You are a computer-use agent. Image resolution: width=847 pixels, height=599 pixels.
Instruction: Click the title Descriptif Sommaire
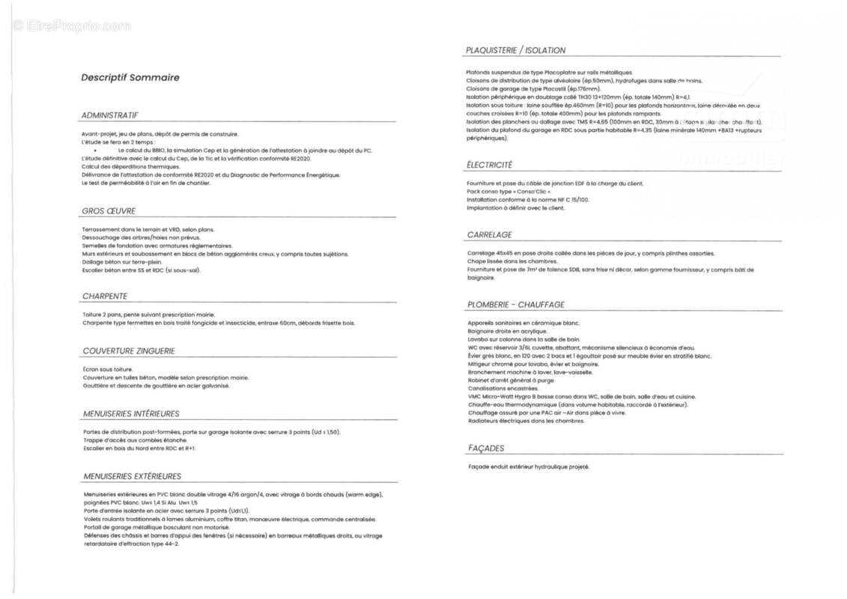(130, 77)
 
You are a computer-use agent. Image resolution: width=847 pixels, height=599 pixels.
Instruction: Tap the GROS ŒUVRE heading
(109, 211)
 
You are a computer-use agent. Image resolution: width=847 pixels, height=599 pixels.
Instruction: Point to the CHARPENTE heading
(105, 297)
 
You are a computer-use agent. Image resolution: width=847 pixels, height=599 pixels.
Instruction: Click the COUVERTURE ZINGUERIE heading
(129, 350)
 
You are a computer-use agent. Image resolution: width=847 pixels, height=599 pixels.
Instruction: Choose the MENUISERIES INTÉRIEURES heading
(131, 413)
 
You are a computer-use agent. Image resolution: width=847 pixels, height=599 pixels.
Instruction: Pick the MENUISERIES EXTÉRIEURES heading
(133, 476)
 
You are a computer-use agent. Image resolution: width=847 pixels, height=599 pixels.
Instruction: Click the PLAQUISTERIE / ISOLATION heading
(516, 50)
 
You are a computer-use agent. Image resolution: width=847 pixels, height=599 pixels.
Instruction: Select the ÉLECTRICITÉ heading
(490, 165)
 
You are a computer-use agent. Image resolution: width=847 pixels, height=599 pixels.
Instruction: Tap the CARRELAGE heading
(490, 235)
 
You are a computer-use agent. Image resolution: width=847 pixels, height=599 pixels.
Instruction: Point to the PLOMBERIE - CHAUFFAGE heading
(516, 305)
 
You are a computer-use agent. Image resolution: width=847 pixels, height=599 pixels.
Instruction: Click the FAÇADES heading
(486, 449)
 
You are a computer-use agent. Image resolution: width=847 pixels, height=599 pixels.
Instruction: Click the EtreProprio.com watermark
(71, 26)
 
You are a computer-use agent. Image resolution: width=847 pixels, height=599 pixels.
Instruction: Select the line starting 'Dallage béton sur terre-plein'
(122, 262)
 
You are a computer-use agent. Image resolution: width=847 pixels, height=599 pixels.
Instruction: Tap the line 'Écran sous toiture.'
(108, 369)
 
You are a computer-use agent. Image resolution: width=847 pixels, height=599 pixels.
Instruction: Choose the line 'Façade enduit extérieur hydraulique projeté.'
(529, 467)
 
